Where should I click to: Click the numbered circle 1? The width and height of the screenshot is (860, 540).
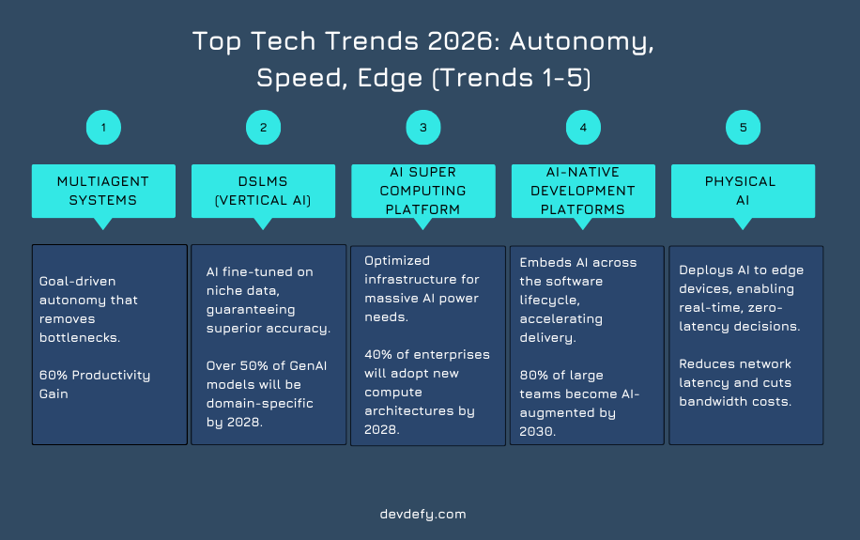coord(103,127)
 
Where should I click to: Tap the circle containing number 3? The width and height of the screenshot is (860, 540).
coord(422,127)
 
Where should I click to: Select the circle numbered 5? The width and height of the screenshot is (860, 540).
coord(743,127)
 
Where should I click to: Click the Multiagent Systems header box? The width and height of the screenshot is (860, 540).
coord(103,191)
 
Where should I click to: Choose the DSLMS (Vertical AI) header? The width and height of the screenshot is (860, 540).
coord(263,191)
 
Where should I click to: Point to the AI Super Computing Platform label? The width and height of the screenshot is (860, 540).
coord(422,191)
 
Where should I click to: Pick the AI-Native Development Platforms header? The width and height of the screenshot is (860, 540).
coord(583,191)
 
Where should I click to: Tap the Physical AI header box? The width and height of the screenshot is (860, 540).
coord(743,191)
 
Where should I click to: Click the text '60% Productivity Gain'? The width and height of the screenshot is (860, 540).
coord(94,384)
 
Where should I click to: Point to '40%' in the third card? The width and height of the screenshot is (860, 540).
coord(377,354)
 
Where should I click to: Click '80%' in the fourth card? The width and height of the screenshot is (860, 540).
coord(534,374)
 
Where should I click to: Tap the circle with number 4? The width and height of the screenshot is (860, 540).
coord(583,127)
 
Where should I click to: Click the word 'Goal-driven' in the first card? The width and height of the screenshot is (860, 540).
coord(78,281)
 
